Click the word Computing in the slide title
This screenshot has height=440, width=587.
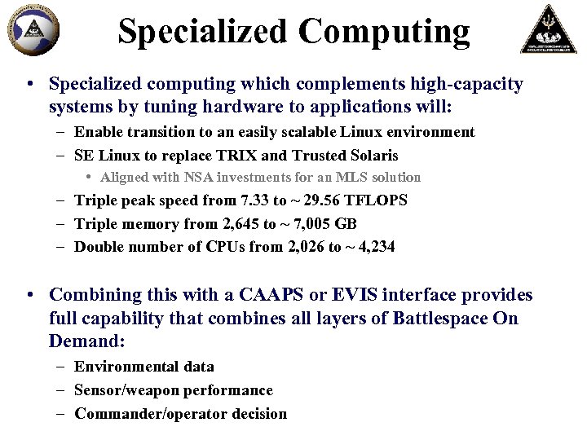pyautogui.click(x=384, y=32)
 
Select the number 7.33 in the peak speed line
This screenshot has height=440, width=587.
pyautogui.click(x=251, y=200)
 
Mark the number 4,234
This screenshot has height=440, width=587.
pyautogui.click(x=372, y=247)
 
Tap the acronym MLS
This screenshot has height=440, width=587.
pyautogui.click(x=350, y=177)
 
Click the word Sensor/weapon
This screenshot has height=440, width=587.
pyautogui.click(x=126, y=390)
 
